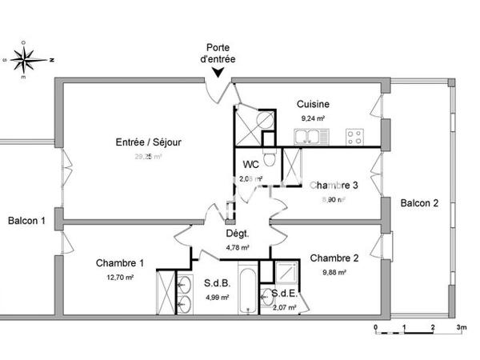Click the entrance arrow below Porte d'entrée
click(217, 74)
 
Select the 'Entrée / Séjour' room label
click(149, 142)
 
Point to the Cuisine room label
click(313, 105)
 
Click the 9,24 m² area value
click(313, 118)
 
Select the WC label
click(250, 166)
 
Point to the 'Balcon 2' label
click(419, 203)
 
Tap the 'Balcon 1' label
click(26, 220)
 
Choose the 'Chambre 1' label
click(120, 263)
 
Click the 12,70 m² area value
click(120, 277)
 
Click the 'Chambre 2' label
click(334, 258)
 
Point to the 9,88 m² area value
click(334, 272)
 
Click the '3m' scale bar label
click(461, 328)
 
